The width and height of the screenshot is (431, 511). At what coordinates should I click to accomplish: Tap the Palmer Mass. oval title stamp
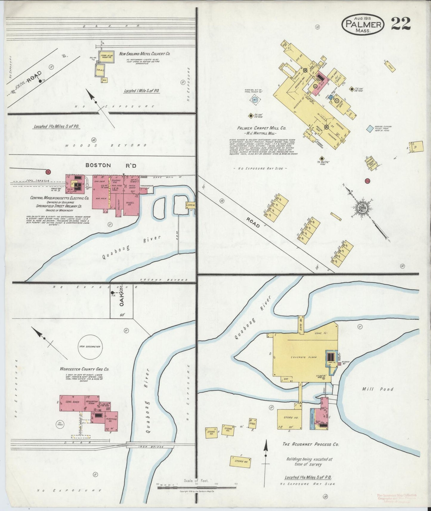[x=363, y=24]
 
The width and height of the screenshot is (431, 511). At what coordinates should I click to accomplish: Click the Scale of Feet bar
[x=197, y=488]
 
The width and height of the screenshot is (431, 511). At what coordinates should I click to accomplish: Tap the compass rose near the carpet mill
[x=362, y=207]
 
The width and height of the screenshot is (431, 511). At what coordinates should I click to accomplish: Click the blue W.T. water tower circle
[x=255, y=100]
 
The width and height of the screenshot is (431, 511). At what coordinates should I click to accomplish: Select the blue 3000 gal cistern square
[x=370, y=128]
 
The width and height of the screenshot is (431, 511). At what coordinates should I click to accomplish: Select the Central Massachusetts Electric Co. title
[x=59, y=198]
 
